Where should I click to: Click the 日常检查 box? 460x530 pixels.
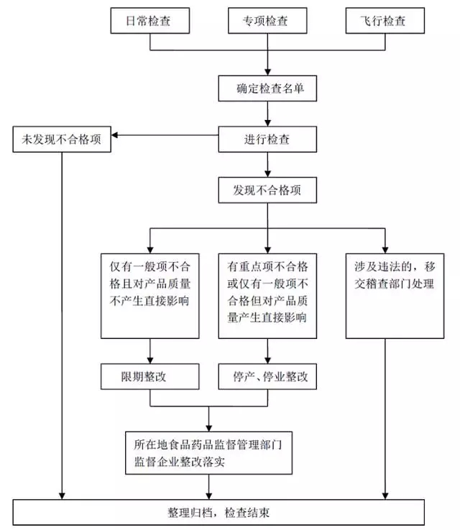[x=149, y=21]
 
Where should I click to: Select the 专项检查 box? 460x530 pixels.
[x=267, y=21]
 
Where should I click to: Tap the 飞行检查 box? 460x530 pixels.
[x=384, y=21]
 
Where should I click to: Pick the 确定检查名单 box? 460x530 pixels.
[x=267, y=89]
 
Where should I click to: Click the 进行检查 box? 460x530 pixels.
[x=267, y=139]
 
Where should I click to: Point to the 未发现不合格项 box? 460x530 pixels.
[x=61, y=139]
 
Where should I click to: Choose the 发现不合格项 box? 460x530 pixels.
[x=267, y=190]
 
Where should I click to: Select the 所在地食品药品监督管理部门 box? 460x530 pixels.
[x=208, y=452]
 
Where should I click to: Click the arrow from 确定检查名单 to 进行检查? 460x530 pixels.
[x=267, y=114]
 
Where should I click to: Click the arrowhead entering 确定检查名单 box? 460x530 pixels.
[x=267, y=72]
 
